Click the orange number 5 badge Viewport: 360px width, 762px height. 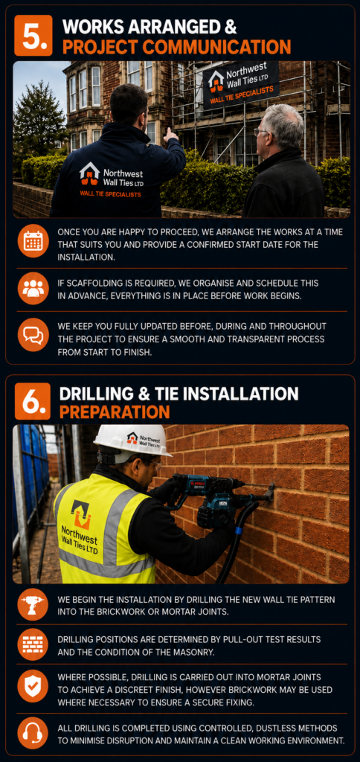pyautogui.click(x=33, y=35)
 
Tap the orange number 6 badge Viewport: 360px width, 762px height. pyautogui.click(x=33, y=401)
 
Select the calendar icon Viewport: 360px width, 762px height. pyautogui.click(x=33, y=240)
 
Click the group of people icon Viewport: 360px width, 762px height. pyautogui.click(x=33, y=288)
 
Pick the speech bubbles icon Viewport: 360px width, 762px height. pyautogui.click(x=33, y=336)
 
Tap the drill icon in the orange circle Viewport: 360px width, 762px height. pyautogui.click(x=33, y=604)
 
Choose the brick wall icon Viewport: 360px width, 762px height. pyautogui.click(x=33, y=644)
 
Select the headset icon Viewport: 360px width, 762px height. pyautogui.click(x=33, y=733)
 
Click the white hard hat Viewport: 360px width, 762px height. pyautogui.click(x=132, y=441)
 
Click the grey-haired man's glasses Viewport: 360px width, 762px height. pyautogui.click(x=261, y=132)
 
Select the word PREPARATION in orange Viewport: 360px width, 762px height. pyautogui.click(x=115, y=412)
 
